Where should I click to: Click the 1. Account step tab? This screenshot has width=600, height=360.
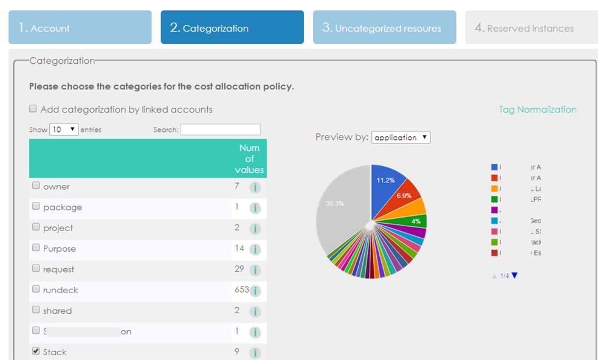point(80,27)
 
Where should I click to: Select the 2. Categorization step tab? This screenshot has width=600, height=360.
point(232,27)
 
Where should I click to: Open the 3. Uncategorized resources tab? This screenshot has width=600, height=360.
point(384,27)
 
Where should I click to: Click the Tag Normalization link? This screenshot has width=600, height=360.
point(537,109)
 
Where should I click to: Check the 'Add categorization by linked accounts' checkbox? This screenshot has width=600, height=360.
point(33,109)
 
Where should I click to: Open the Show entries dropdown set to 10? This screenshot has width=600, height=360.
point(64,130)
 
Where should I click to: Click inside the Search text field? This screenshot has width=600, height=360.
point(220,130)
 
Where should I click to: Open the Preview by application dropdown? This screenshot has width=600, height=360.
point(401,137)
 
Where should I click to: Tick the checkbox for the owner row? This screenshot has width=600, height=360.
point(36,186)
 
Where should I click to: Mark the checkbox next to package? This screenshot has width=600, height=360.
point(36,207)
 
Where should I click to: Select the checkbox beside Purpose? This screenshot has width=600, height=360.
point(36,248)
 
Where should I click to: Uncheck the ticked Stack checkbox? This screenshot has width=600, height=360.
point(36,351)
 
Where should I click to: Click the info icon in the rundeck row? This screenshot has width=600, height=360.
point(255,291)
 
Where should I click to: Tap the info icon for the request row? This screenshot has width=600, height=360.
point(255,270)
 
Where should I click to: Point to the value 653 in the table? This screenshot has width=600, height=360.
point(241,290)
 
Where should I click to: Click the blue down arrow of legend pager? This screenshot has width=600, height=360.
point(515,275)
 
